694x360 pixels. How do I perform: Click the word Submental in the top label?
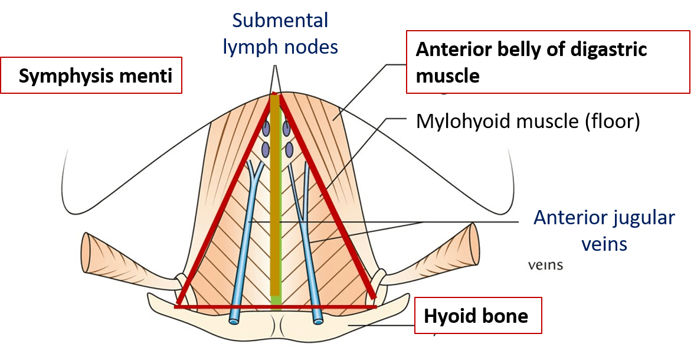tap(280, 21)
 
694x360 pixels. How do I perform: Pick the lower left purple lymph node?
tap(266, 148)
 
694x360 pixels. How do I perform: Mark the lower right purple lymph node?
tap(289, 148)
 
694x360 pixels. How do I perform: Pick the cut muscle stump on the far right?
tap(469, 243)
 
